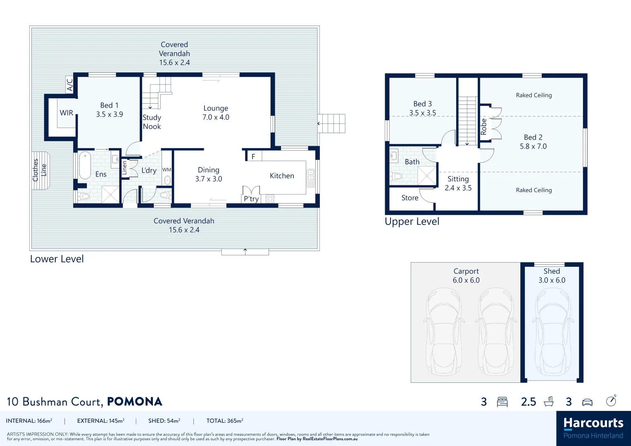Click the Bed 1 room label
(x=109, y=105)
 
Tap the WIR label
(x=66, y=113)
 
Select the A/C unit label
(x=70, y=85)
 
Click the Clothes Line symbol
(x=40, y=170)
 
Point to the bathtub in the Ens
(x=85, y=165)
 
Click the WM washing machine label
(x=167, y=170)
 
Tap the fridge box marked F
(x=253, y=157)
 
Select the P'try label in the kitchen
(x=251, y=199)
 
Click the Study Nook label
(x=152, y=122)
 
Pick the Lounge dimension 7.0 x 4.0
(x=216, y=117)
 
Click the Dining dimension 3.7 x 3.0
(x=209, y=179)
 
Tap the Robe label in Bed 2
(x=484, y=127)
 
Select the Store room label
(x=410, y=198)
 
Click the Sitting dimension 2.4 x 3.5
(x=458, y=188)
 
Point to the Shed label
(x=552, y=271)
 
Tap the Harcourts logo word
(x=593, y=423)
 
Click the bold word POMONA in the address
(x=135, y=402)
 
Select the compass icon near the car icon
(x=611, y=401)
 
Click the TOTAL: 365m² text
(x=225, y=421)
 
